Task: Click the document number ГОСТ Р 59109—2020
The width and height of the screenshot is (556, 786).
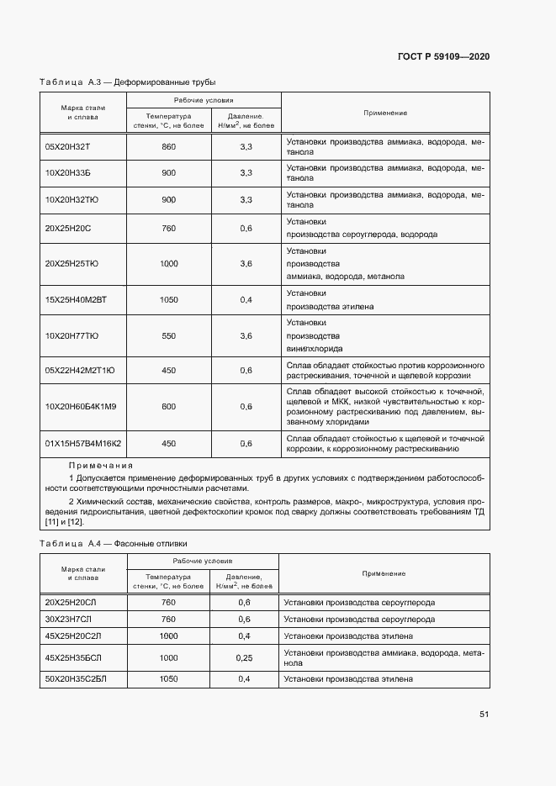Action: pyautogui.click(x=442, y=56)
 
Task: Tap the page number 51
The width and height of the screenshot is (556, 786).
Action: pyautogui.click(x=484, y=715)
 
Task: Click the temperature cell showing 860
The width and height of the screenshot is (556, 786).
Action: pyautogui.click(x=168, y=147)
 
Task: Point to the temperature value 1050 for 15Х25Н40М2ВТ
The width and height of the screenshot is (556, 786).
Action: pyautogui.click(x=168, y=299)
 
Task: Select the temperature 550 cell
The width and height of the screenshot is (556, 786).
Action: pyautogui.click(x=168, y=335)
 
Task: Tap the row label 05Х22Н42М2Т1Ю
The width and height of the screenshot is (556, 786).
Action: pyautogui.click(x=79, y=371)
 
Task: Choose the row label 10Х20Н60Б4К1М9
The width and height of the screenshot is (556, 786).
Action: pyautogui.click(x=81, y=407)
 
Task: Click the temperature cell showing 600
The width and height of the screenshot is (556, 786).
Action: pyautogui.click(x=168, y=407)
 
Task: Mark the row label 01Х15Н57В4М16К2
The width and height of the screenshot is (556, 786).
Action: pyautogui.click(x=82, y=443)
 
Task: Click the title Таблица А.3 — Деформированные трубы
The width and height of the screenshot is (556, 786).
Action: pyautogui.click(x=128, y=82)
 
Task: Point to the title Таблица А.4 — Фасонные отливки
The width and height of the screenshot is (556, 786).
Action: pyautogui.click(x=114, y=544)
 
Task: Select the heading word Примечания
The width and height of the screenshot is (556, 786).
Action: pyautogui.click(x=101, y=465)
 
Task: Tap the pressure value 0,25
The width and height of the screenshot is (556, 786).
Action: pyautogui.click(x=245, y=657)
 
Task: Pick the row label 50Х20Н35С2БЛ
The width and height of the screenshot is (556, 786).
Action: pyautogui.click(x=77, y=678)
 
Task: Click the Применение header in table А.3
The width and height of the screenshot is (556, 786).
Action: pyautogui.click(x=384, y=113)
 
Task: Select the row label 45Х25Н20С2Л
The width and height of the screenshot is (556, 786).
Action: pyautogui.click(x=74, y=636)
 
